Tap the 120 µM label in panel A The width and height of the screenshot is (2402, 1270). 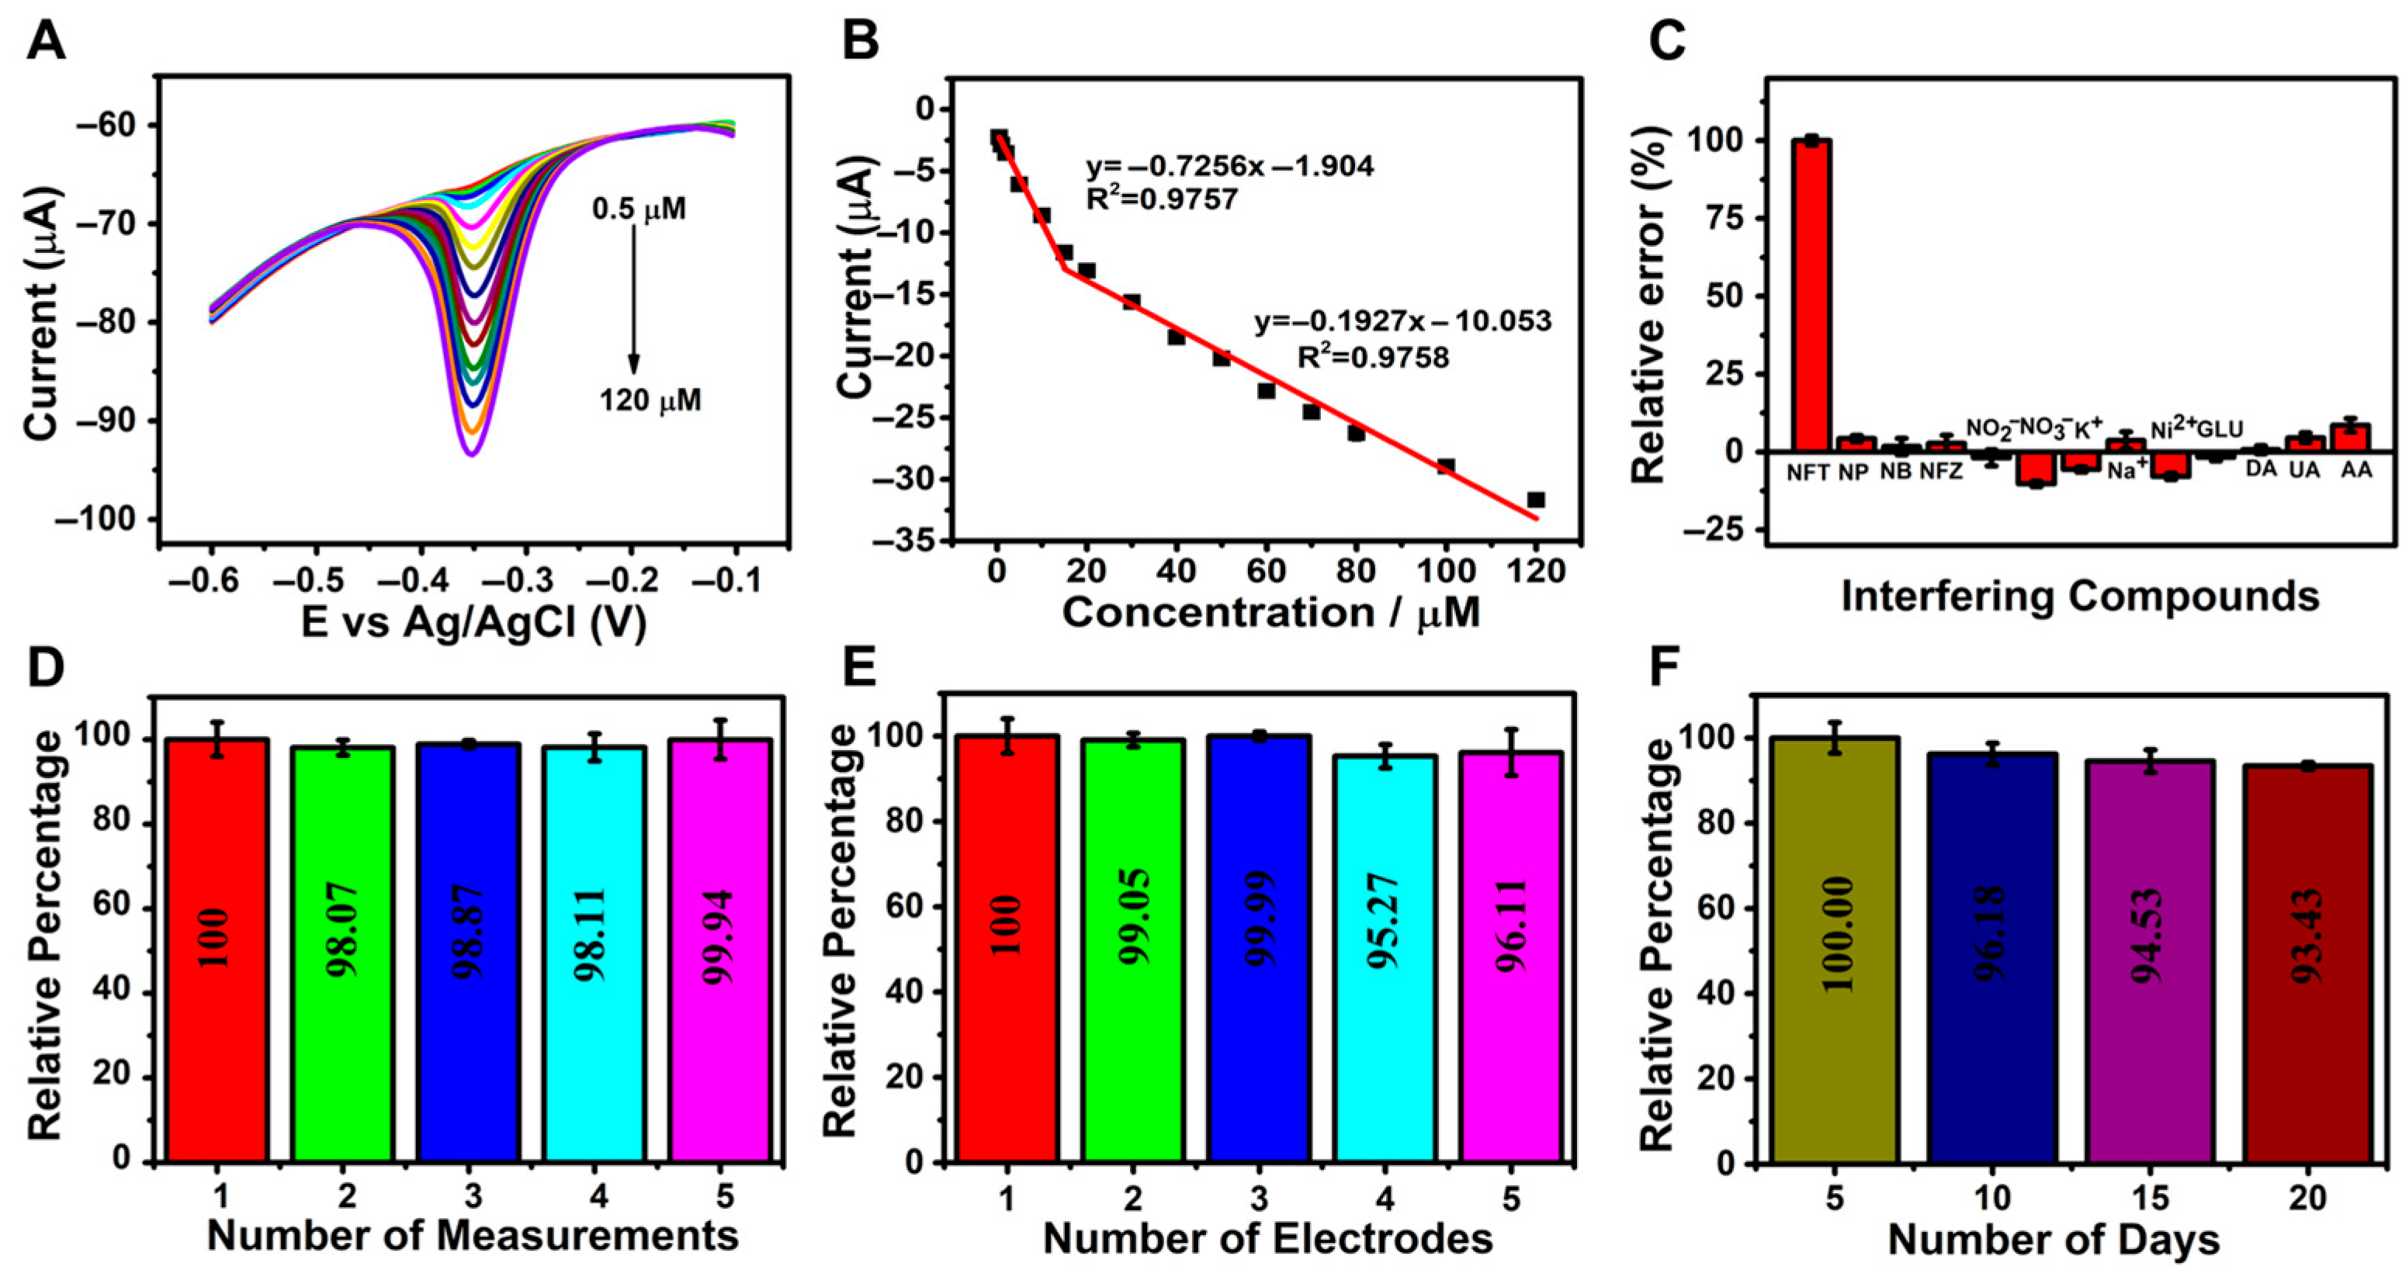point(650,401)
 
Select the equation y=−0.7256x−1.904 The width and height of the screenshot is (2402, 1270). point(1229,167)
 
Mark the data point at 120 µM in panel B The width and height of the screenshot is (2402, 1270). point(1536,500)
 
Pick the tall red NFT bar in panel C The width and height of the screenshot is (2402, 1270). point(1811,295)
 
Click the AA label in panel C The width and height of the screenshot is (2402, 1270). point(2355,471)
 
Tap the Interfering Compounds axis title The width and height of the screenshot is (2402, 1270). point(2080,597)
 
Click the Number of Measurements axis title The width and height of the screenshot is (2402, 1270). point(473,1236)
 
